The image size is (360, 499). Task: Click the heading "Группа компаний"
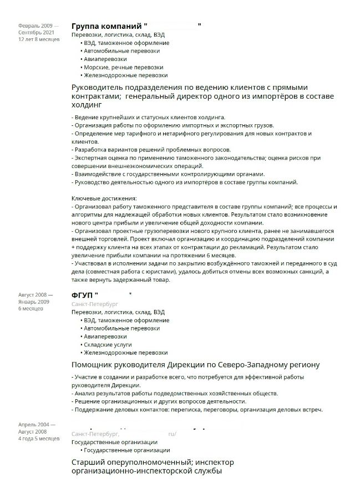click(x=107, y=26)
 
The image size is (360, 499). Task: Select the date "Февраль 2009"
click(x=36, y=26)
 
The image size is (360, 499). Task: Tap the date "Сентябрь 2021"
click(x=37, y=33)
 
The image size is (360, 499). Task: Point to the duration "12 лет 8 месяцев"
click(x=39, y=40)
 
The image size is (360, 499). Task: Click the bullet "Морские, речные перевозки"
click(x=115, y=67)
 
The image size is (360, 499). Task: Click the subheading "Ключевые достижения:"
click(x=104, y=198)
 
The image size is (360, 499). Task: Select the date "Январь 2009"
click(x=34, y=302)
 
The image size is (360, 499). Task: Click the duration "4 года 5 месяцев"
click(x=39, y=438)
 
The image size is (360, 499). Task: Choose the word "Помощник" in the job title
click(x=95, y=365)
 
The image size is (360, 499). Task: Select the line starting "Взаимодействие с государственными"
click(x=169, y=174)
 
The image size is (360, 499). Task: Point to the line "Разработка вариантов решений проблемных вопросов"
click(x=151, y=150)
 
